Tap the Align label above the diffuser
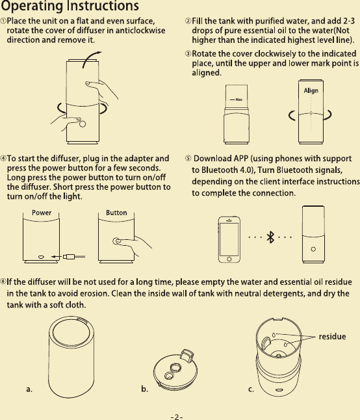(311, 90)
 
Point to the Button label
(116, 213)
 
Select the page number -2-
(177, 415)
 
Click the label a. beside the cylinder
(29, 389)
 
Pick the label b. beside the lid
(145, 389)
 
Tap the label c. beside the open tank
(251, 389)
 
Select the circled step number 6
(3, 281)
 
